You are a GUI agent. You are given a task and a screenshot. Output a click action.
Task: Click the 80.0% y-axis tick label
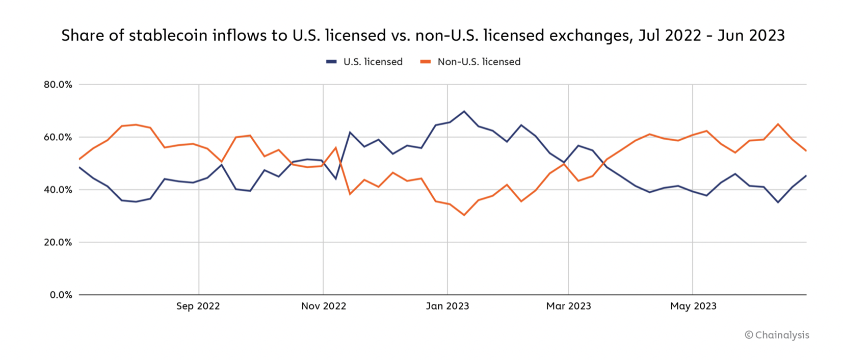pos(58,85)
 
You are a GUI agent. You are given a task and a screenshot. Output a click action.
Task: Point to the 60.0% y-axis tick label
pos(58,137)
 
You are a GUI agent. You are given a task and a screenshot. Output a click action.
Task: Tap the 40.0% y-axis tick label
pos(58,190)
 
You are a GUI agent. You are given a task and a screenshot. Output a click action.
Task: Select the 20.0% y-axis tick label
pos(58,242)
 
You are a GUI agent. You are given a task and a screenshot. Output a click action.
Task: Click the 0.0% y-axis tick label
pos(61,295)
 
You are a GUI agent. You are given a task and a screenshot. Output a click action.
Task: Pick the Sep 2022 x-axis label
pos(198,306)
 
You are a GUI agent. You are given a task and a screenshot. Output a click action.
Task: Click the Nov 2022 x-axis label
pos(324,306)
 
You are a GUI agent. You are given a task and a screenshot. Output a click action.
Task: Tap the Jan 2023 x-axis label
pos(447,306)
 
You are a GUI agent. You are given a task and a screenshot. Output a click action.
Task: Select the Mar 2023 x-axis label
pos(568,306)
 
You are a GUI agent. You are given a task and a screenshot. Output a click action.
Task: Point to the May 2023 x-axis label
pos(693,306)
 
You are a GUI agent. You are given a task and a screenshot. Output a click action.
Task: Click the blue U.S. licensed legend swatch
pos(331,62)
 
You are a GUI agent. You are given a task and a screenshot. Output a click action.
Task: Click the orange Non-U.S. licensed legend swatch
pos(426,62)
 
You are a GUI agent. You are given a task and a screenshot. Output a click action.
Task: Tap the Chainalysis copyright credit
pos(777,335)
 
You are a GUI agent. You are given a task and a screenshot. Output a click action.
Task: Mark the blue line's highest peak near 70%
pos(464,111)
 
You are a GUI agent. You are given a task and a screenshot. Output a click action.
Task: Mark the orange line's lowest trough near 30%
pos(464,215)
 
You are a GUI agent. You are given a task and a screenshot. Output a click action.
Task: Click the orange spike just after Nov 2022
pos(336,147)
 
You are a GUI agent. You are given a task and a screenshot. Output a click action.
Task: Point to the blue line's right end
pos(806,176)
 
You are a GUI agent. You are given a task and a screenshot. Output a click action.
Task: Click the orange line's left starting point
pos(80,159)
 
